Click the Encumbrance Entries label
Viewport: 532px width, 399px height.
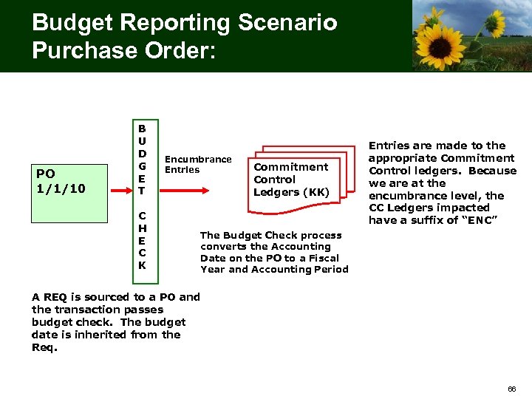[x=197, y=164]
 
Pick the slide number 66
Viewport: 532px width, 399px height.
[x=511, y=388]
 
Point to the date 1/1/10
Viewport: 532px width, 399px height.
[x=61, y=188]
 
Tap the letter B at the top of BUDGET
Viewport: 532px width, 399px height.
[x=142, y=127]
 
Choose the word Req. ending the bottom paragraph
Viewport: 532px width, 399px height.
[x=45, y=347]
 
